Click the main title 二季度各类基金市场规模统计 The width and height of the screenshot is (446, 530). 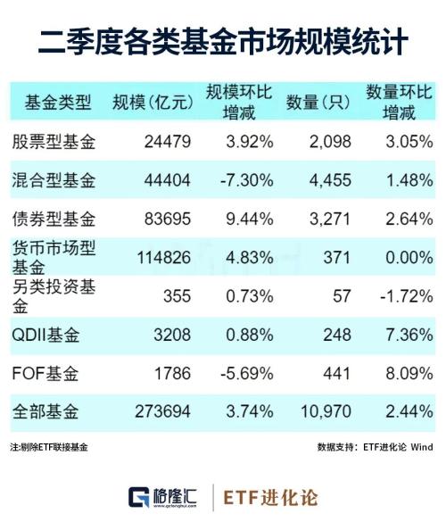[x=223, y=41]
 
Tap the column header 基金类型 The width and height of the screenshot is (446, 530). [x=59, y=103]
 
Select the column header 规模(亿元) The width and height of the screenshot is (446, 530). [x=153, y=103]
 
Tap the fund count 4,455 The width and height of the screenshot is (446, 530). [x=330, y=179]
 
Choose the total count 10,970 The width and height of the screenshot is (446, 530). [x=326, y=412]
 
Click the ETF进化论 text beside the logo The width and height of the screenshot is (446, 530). [x=270, y=497]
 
